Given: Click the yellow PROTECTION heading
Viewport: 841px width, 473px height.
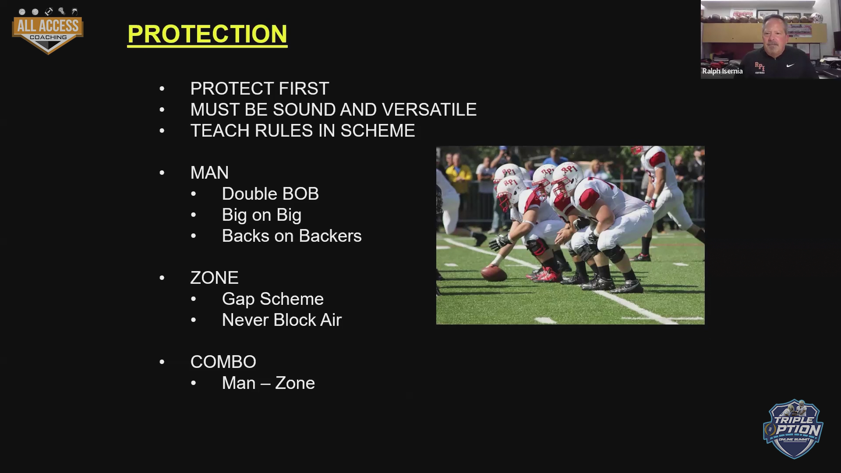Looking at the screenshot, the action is point(207,34).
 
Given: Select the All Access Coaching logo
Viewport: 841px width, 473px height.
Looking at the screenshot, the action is point(47,31).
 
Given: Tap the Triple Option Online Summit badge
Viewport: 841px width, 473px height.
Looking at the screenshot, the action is point(793,429).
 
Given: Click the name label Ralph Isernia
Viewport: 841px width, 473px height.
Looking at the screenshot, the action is point(722,71).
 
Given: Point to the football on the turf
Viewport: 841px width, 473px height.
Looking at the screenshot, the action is point(494,273).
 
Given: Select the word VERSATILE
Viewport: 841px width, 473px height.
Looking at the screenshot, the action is point(429,109).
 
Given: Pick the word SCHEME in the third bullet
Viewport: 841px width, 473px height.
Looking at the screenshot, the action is point(377,131).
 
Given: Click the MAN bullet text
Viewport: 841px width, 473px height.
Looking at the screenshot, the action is point(209,173).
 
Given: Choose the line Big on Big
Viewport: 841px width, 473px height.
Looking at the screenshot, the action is point(261,215).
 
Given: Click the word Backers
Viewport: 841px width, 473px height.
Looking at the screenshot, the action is point(330,236).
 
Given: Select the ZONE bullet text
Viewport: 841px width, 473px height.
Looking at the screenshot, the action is point(214,278).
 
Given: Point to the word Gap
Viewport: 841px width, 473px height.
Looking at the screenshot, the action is point(238,299).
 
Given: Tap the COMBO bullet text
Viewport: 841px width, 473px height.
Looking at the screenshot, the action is point(223,362).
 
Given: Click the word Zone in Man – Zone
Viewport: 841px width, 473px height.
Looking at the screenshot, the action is point(295,383).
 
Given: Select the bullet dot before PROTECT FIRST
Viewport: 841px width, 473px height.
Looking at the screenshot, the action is point(162,88).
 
